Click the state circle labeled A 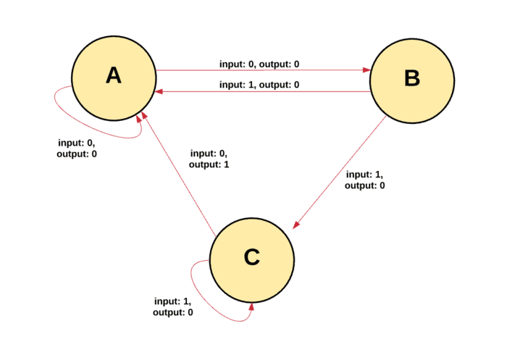114,78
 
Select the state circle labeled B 412,81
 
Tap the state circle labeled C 252,260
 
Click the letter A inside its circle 114,75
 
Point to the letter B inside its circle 412,78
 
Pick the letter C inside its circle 252,257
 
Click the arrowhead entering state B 366,70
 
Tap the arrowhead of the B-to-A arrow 159,92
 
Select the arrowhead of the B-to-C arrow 296,225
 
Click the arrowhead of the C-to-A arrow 144,115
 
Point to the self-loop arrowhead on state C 251,306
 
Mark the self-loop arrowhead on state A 139,119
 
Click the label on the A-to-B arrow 259,64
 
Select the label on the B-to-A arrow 259,85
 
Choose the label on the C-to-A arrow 209,159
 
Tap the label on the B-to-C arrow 365,180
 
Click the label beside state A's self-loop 77,148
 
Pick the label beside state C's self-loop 173,306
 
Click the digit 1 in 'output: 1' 226,164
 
